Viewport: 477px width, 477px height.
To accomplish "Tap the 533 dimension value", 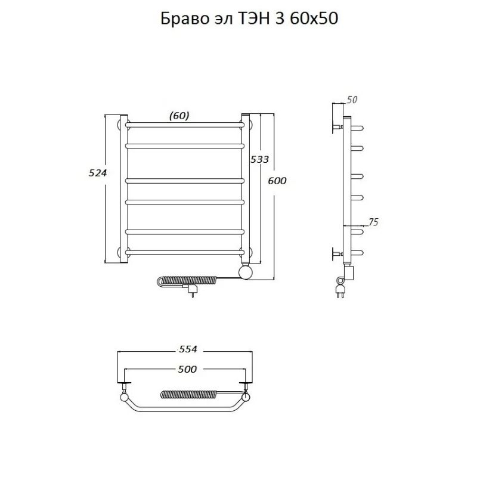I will [260, 159].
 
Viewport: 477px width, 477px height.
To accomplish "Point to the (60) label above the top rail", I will [179, 116].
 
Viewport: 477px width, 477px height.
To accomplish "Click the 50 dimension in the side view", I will [351, 100].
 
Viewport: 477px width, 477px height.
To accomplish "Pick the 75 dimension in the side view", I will [373, 222].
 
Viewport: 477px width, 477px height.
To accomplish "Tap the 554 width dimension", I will [187, 349].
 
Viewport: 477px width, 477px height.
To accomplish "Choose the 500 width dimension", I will [187, 370].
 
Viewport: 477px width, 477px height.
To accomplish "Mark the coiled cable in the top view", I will [186, 394].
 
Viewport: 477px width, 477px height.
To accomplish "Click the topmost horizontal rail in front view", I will [185, 125].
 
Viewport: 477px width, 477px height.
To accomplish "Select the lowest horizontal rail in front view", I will [185, 253].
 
